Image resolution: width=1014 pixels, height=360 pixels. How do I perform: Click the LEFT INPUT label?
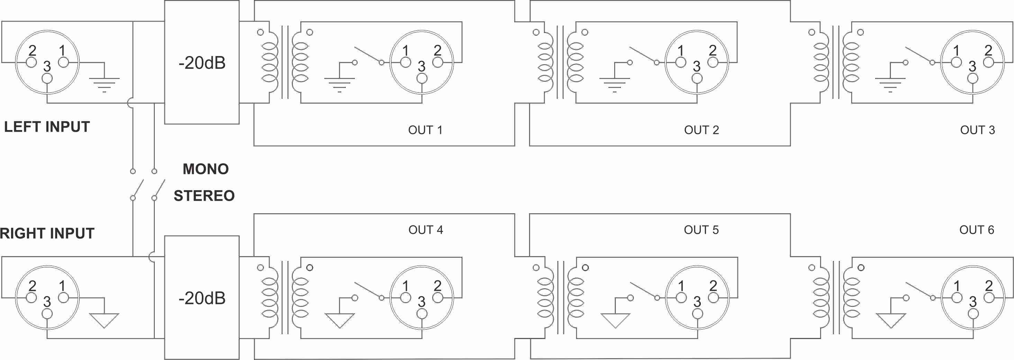[x=47, y=127]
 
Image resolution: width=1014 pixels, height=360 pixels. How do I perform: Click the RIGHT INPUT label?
[x=47, y=233]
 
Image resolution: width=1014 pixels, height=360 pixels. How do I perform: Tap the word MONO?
[x=206, y=169]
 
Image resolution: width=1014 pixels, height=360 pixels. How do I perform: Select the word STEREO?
[x=204, y=195]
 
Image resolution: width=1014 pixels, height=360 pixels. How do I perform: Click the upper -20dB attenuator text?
[x=202, y=63]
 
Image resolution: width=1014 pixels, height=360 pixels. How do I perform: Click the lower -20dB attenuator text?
[x=202, y=298]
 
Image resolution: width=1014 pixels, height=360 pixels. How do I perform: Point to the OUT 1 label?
[x=425, y=130]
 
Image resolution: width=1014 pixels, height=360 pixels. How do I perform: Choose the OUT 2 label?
[x=701, y=130]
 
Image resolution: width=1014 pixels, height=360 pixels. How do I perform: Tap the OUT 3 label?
[x=977, y=130]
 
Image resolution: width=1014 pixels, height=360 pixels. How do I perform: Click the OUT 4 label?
[x=426, y=230]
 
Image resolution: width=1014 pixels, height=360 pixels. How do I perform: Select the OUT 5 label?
[x=701, y=230]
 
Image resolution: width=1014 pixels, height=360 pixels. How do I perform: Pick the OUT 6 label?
[x=977, y=230]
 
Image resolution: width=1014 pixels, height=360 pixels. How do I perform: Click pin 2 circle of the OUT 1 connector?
[x=438, y=62]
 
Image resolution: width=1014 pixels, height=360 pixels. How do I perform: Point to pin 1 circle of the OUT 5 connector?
[x=681, y=298]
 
